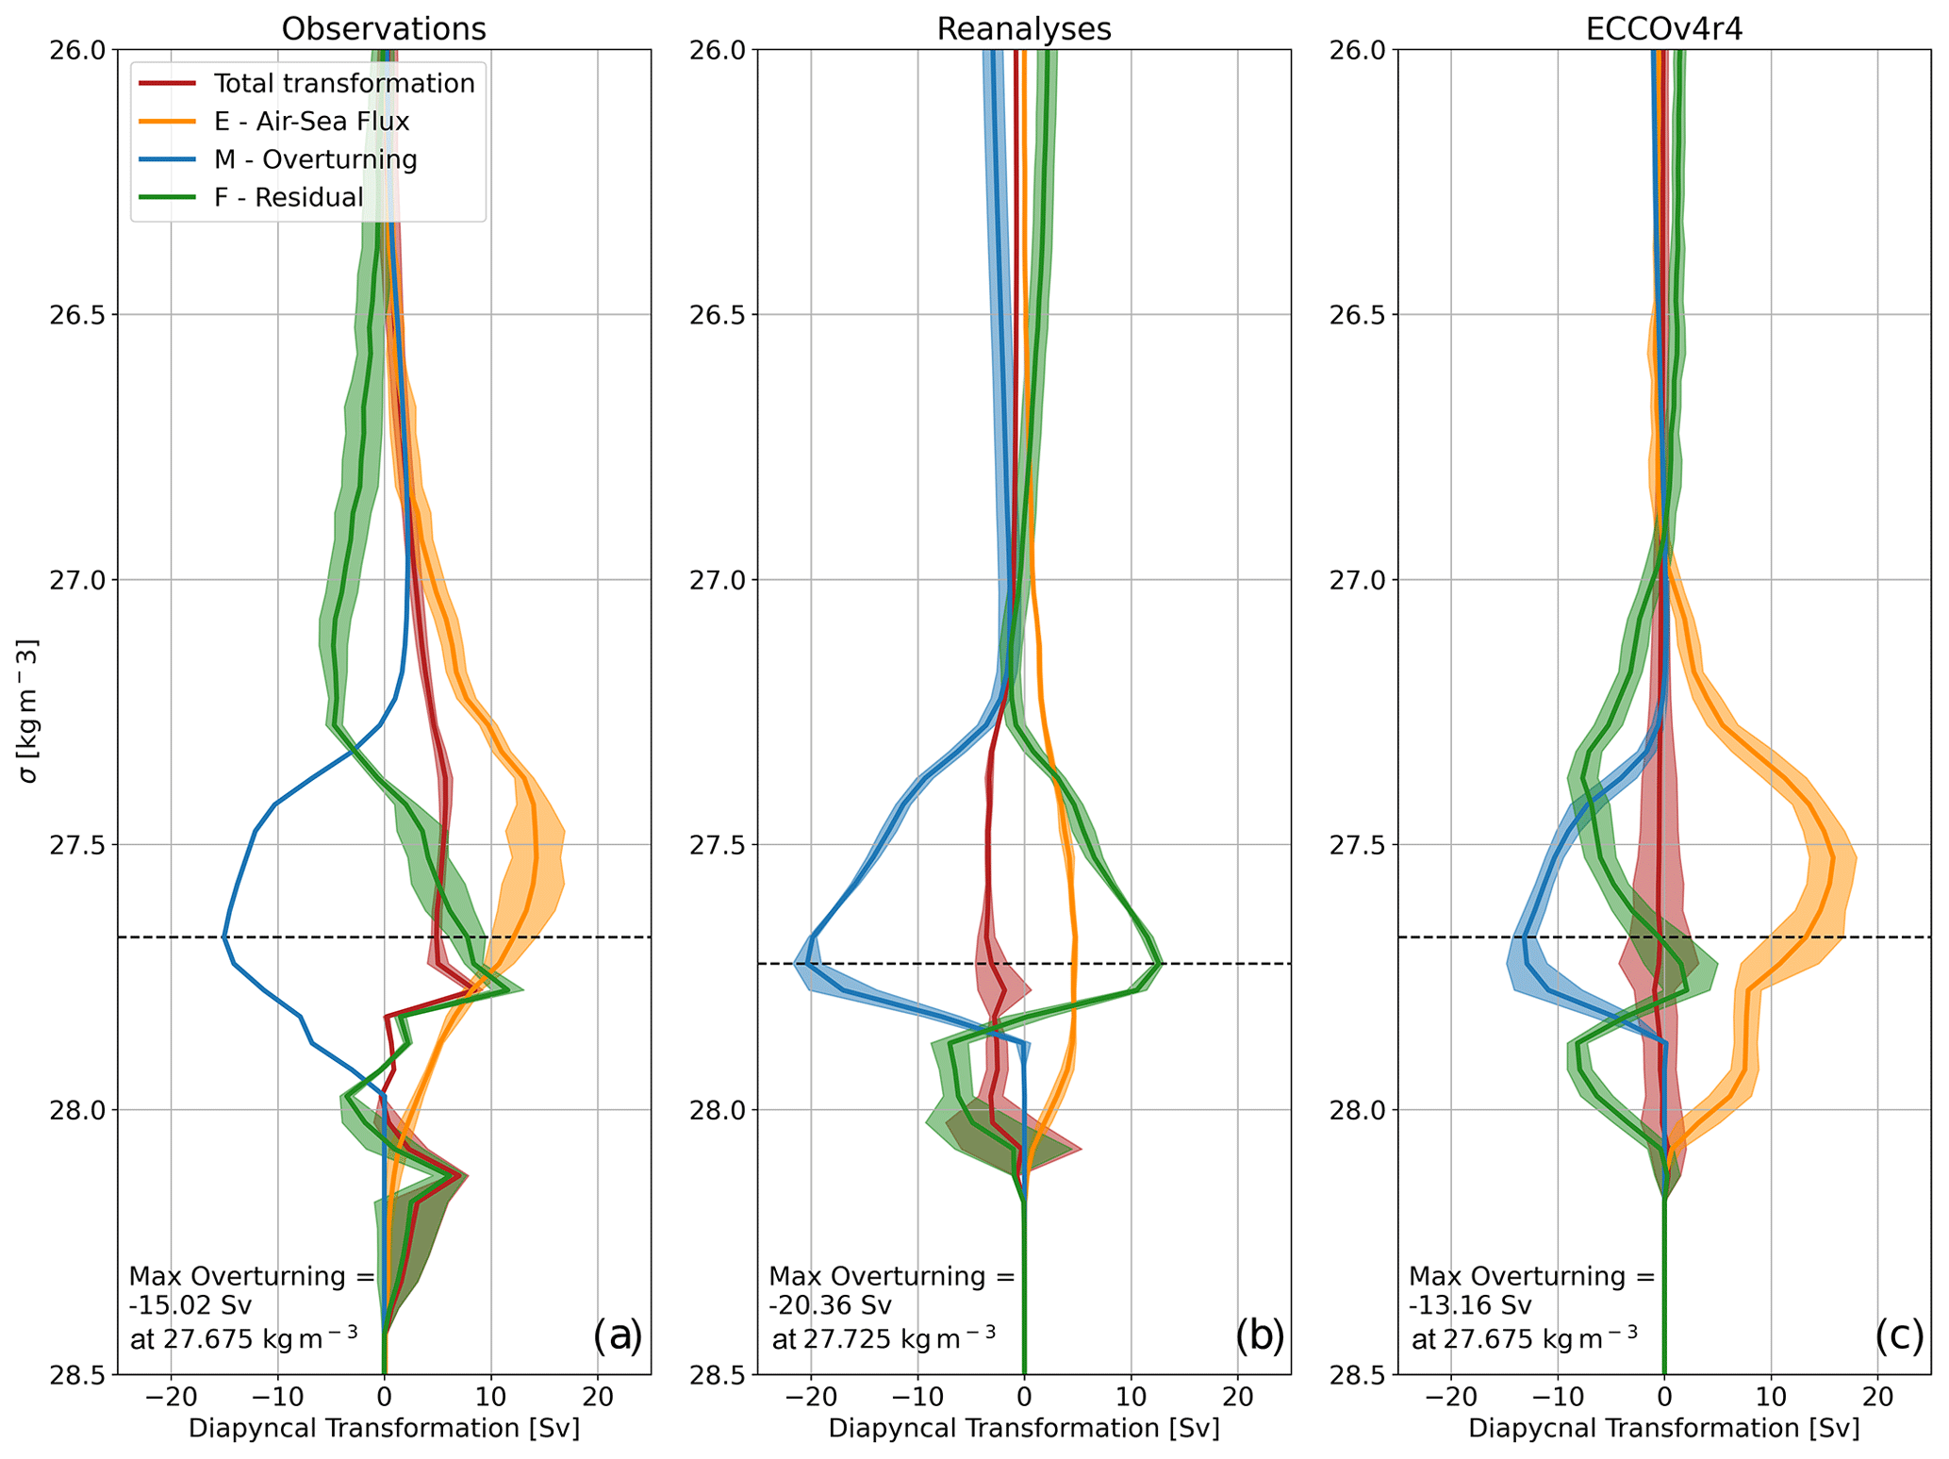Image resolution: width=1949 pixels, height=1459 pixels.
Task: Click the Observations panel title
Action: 384,28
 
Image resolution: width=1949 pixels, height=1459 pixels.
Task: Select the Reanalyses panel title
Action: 1024,28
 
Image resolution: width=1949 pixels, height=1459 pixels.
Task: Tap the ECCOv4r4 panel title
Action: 1664,28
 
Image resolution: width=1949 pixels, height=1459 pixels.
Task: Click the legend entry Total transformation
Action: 344,84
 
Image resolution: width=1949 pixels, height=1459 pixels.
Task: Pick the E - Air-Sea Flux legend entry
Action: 311,122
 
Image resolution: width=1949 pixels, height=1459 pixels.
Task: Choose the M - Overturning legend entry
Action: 315,159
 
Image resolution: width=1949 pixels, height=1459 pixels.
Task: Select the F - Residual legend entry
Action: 289,197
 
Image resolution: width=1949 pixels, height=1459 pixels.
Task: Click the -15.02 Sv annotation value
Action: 190,1306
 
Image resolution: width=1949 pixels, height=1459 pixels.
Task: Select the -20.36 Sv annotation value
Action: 831,1306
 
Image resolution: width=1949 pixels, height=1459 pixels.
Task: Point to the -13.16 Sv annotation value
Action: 1471,1306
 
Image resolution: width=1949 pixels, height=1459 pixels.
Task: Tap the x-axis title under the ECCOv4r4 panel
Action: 1664,1428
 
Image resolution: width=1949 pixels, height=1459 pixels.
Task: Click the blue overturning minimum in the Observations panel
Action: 223,937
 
